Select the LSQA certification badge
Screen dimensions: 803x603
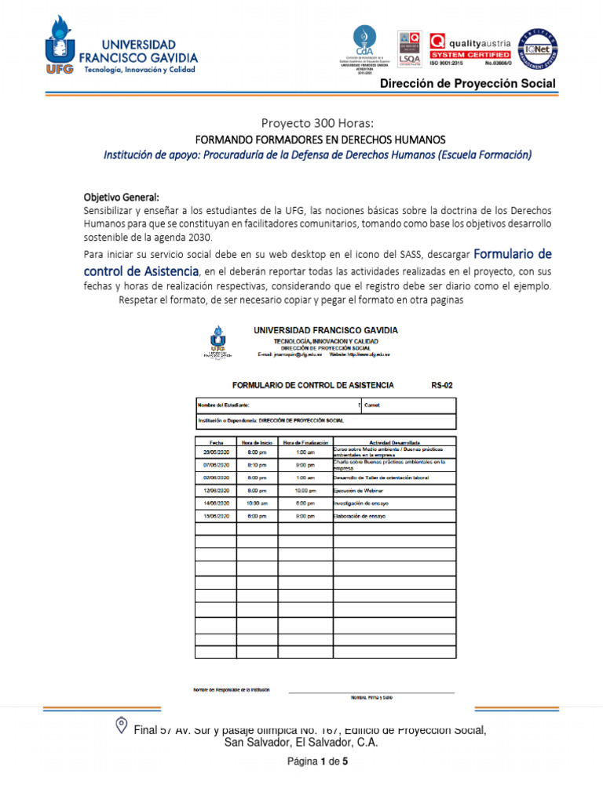[409, 49]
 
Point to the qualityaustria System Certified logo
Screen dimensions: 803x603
[470, 49]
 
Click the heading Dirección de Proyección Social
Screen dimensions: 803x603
[468, 84]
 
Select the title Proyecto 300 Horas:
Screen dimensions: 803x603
[318, 123]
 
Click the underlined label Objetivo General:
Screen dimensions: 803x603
[122, 196]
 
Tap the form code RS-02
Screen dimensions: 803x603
[442, 385]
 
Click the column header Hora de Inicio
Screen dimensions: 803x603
[257, 442]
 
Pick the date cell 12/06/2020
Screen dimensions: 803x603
[215, 490]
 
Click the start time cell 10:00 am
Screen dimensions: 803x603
[257, 503]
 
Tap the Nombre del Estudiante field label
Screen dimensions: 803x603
[224, 405]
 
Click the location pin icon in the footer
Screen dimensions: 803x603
[121, 725]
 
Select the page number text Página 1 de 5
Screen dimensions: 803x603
[317, 761]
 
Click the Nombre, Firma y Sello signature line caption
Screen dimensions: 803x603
[371, 697]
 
